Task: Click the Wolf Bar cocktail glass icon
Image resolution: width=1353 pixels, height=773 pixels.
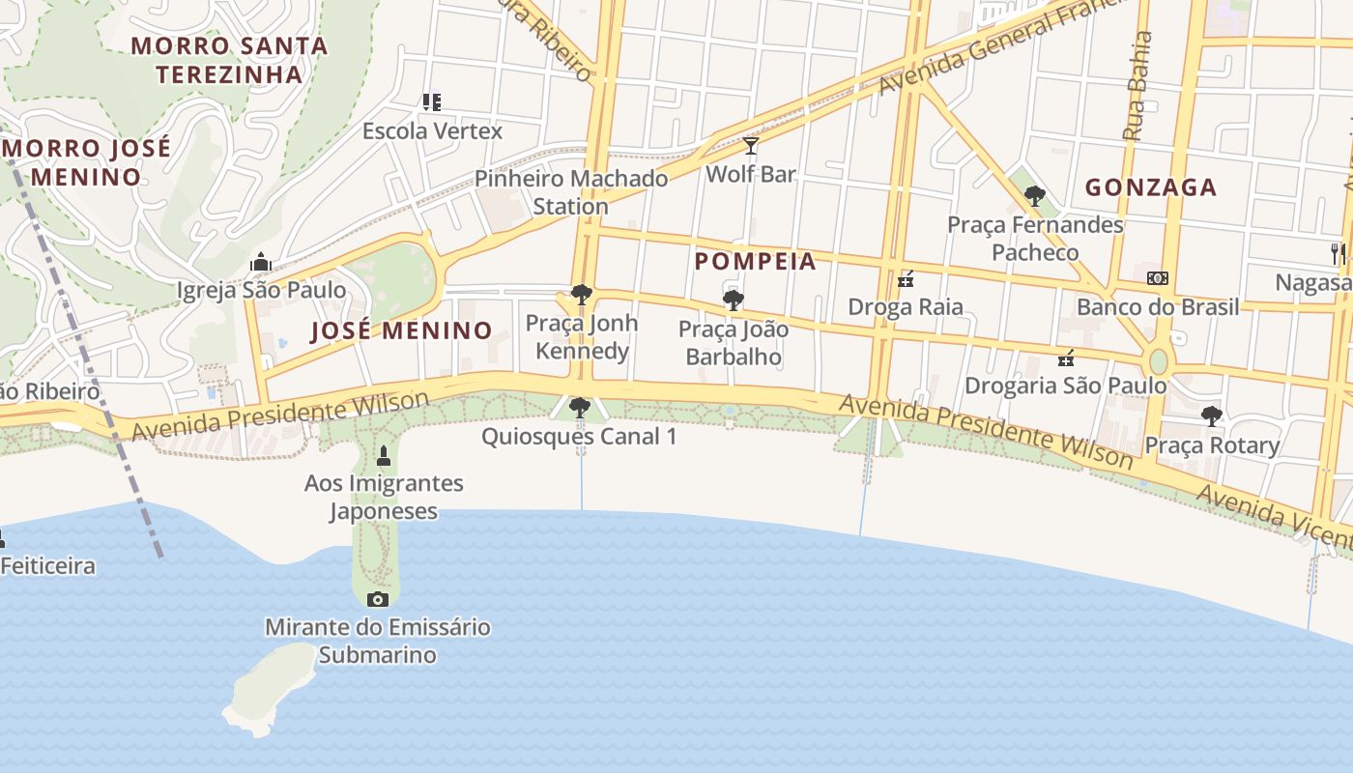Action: pos(751,146)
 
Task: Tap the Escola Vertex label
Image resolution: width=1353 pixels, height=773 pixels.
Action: pos(432,130)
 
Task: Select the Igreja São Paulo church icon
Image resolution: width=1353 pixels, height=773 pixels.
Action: pos(260,262)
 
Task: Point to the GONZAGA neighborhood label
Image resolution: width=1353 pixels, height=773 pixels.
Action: pos(1150,187)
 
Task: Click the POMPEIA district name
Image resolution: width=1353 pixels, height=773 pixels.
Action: pos(755,261)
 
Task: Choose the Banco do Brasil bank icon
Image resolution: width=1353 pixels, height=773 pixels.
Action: pos(1157,278)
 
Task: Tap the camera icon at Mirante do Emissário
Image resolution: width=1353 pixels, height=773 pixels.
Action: pos(378,599)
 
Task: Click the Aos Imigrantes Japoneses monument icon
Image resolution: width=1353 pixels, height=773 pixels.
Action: pos(383,455)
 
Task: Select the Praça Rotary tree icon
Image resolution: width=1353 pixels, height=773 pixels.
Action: pos(1211,416)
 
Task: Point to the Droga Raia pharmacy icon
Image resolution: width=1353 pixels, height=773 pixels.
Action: pos(906,279)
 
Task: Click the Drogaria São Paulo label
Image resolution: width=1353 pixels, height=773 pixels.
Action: pos(1065,386)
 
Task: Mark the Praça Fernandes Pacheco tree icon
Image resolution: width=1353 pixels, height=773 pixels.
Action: pos(1034,196)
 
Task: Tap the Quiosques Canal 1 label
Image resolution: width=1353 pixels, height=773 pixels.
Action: pos(579,437)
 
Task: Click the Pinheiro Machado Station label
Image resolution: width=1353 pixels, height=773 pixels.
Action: pos(571,192)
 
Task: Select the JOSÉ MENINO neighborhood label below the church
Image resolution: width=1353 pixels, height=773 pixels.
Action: pos(401,330)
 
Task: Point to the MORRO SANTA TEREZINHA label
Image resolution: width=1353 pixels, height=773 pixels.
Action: pos(229,59)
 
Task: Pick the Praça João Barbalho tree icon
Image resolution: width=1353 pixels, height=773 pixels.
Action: pos(734,301)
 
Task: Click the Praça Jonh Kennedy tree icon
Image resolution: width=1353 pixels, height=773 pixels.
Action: pos(581,295)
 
